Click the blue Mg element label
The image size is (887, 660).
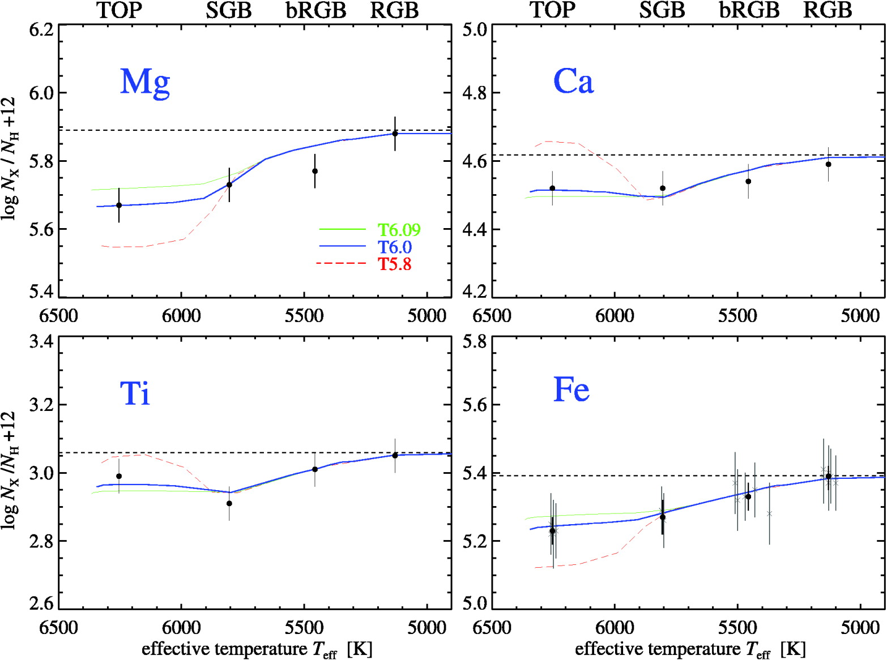(145, 82)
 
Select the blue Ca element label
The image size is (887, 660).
(573, 81)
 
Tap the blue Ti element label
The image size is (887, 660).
(135, 393)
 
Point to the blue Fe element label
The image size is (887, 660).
(571, 389)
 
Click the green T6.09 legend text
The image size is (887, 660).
(399, 230)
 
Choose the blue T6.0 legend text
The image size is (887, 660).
(395, 247)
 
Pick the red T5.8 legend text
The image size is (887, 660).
(395, 264)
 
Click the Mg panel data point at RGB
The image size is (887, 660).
(395, 134)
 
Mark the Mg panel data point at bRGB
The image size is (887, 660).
(315, 171)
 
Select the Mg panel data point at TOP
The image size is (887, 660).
(119, 205)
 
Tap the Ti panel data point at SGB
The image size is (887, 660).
(229, 503)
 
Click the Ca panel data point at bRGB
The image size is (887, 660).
(748, 181)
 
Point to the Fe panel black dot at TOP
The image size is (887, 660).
(552, 530)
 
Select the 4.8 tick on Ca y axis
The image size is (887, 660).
(475, 93)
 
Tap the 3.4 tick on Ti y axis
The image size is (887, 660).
(41, 342)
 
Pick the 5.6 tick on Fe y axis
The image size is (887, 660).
(475, 405)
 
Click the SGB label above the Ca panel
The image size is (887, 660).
(662, 10)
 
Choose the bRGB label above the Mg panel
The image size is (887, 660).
(315, 10)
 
